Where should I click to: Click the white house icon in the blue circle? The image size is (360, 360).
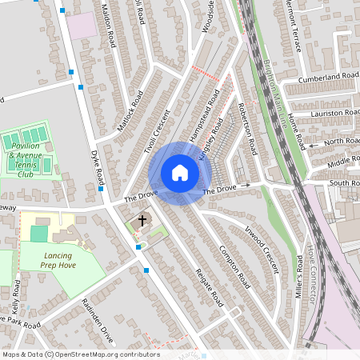click(x=180, y=173)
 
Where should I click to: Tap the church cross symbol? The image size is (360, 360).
click(x=143, y=221)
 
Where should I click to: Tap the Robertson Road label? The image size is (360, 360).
click(x=246, y=128)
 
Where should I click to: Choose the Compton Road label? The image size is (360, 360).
click(x=235, y=266)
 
